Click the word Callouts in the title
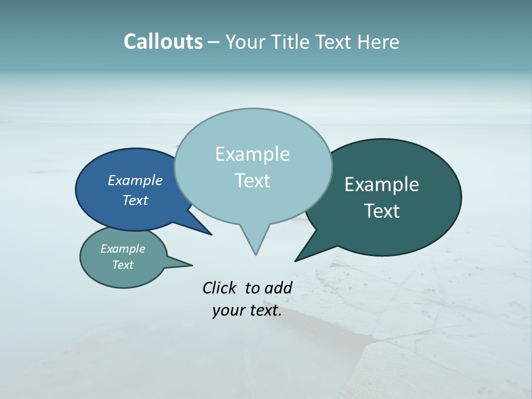(x=163, y=42)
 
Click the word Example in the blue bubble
(x=135, y=181)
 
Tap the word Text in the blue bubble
(x=135, y=200)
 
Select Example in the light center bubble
(x=252, y=154)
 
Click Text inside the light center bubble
(x=252, y=181)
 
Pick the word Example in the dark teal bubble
(x=382, y=185)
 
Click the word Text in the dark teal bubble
(x=382, y=211)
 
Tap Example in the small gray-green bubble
(x=122, y=249)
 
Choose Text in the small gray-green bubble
(x=122, y=265)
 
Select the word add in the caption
(x=278, y=288)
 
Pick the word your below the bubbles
(x=228, y=311)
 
